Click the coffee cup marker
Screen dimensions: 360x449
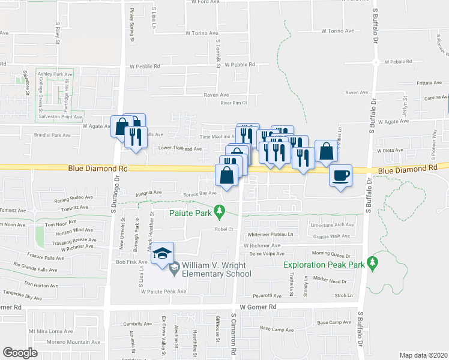coord(341,176)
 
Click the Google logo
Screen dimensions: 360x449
coord(20,353)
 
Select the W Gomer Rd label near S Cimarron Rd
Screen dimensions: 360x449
coord(258,307)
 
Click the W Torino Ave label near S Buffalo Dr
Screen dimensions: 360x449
coord(339,30)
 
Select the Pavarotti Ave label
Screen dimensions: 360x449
coord(267,295)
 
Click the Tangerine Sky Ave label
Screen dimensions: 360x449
coord(22,296)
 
